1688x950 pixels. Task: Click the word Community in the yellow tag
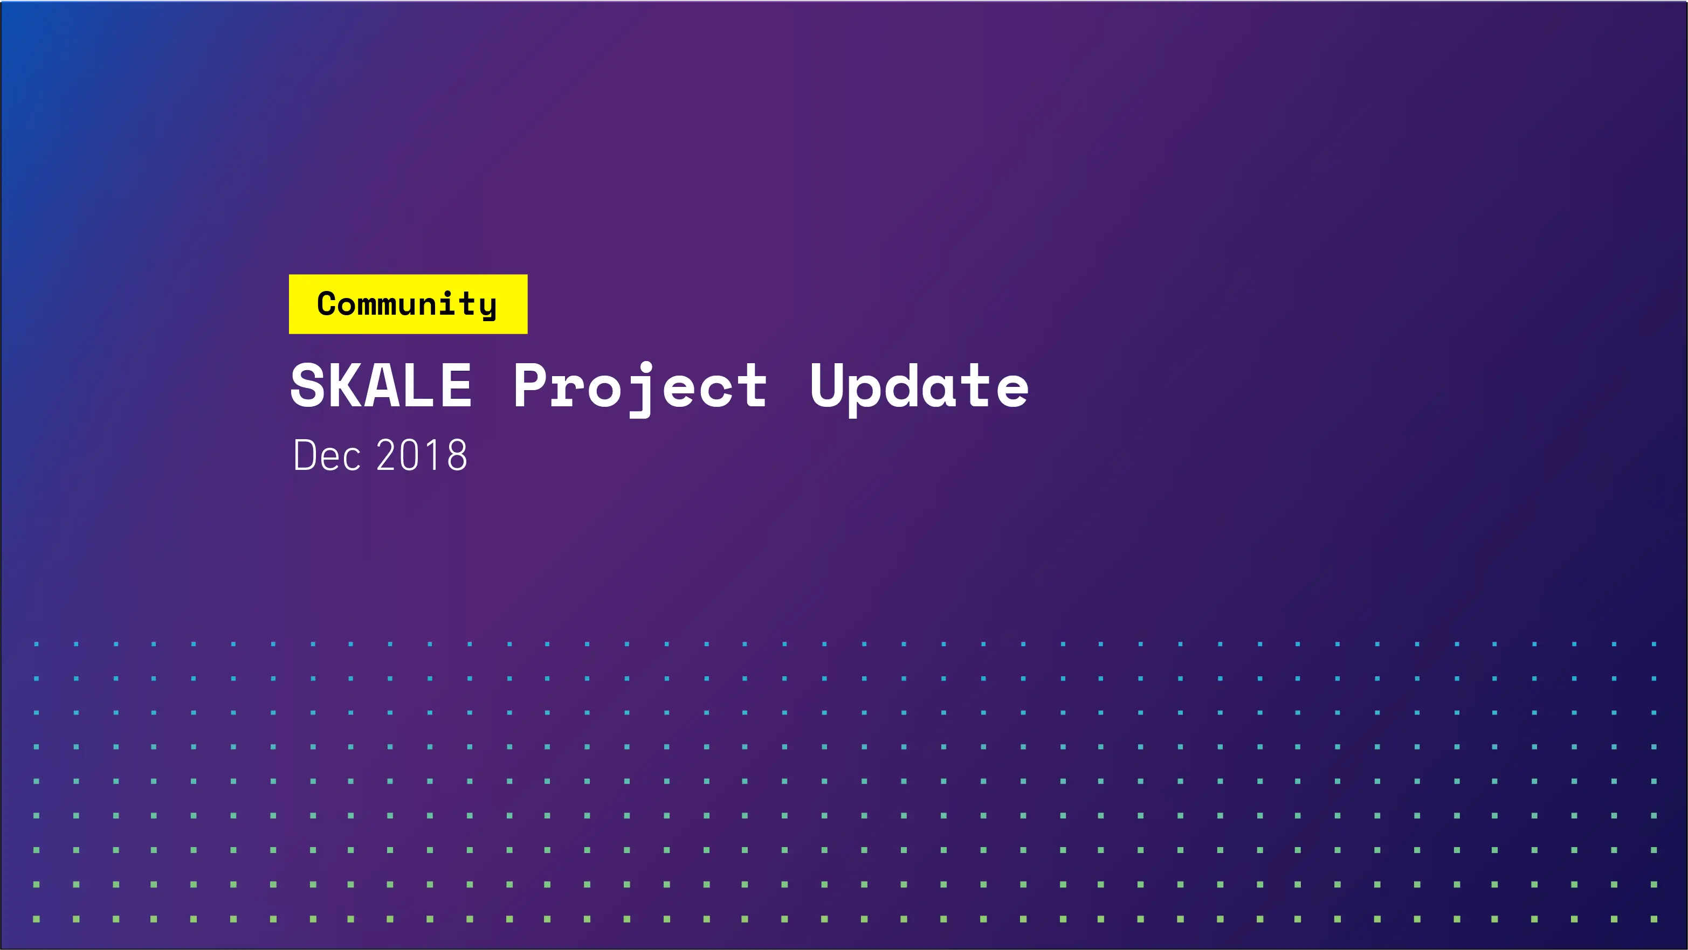[x=407, y=304]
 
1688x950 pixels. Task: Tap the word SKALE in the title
[x=381, y=386]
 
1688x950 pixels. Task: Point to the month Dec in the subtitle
[x=326, y=455]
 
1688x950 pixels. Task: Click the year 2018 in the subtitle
[x=422, y=455]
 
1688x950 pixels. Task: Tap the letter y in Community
[x=487, y=307]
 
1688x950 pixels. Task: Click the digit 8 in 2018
[x=456, y=455]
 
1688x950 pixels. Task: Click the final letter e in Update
[x=1011, y=390]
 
